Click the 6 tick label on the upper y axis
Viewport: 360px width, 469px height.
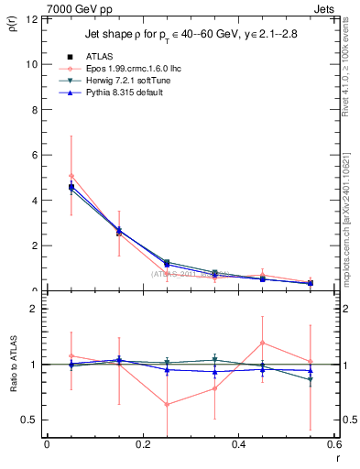pyautogui.click(x=36, y=156)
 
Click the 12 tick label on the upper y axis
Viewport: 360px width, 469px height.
pyautogui.click(x=33, y=19)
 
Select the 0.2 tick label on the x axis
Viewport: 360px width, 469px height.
pyautogui.click(x=142, y=444)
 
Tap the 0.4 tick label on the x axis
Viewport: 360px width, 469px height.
pyautogui.click(x=238, y=444)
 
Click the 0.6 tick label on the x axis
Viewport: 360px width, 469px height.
pyautogui.click(x=333, y=444)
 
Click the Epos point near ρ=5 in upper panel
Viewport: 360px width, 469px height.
pyautogui.click(x=71, y=176)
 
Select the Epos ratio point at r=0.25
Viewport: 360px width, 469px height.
pyautogui.click(x=167, y=404)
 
